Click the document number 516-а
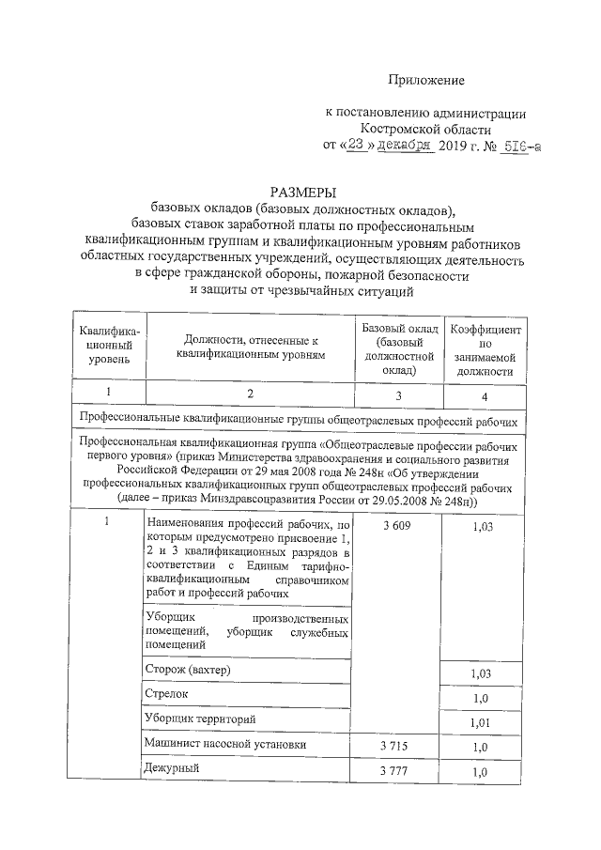(x=519, y=147)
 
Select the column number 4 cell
(x=485, y=396)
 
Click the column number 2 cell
(x=250, y=395)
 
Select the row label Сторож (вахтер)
(x=188, y=669)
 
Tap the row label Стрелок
(x=167, y=693)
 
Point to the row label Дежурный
(x=171, y=770)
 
